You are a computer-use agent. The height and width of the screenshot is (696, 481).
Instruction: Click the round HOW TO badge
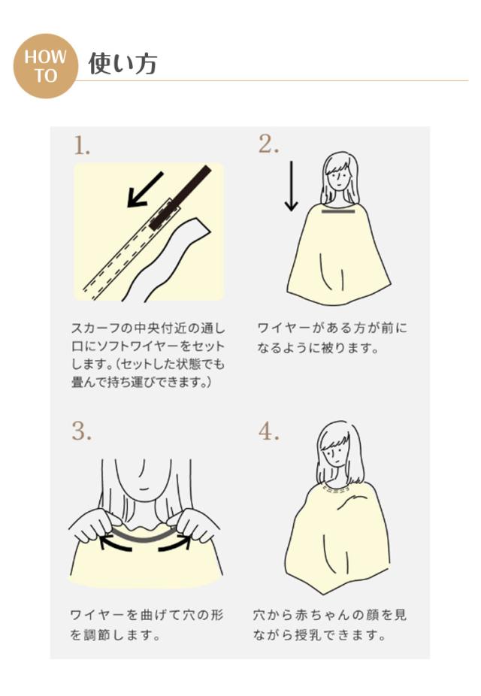(x=45, y=66)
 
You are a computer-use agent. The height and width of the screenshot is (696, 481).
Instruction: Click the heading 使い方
(x=123, y=63)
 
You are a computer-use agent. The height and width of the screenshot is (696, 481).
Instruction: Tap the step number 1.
(x=82, y=146)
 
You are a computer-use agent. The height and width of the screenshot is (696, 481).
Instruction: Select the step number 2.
(x=269, y=144)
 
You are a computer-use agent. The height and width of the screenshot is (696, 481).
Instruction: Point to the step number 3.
(x=82, y=431)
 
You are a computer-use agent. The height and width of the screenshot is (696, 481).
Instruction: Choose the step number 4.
(x=269, y=431)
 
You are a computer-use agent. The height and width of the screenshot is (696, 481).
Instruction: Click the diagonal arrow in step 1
(x=145, y=189)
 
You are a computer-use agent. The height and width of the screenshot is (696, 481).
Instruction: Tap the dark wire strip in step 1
(x=180, y=198)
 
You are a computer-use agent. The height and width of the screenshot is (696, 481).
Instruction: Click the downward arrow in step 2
(x=291, y=186)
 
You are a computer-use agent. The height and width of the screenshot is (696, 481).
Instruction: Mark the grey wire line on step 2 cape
(x=338, y=211)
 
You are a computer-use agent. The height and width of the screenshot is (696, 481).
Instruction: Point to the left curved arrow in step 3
(x=116, y=544)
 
